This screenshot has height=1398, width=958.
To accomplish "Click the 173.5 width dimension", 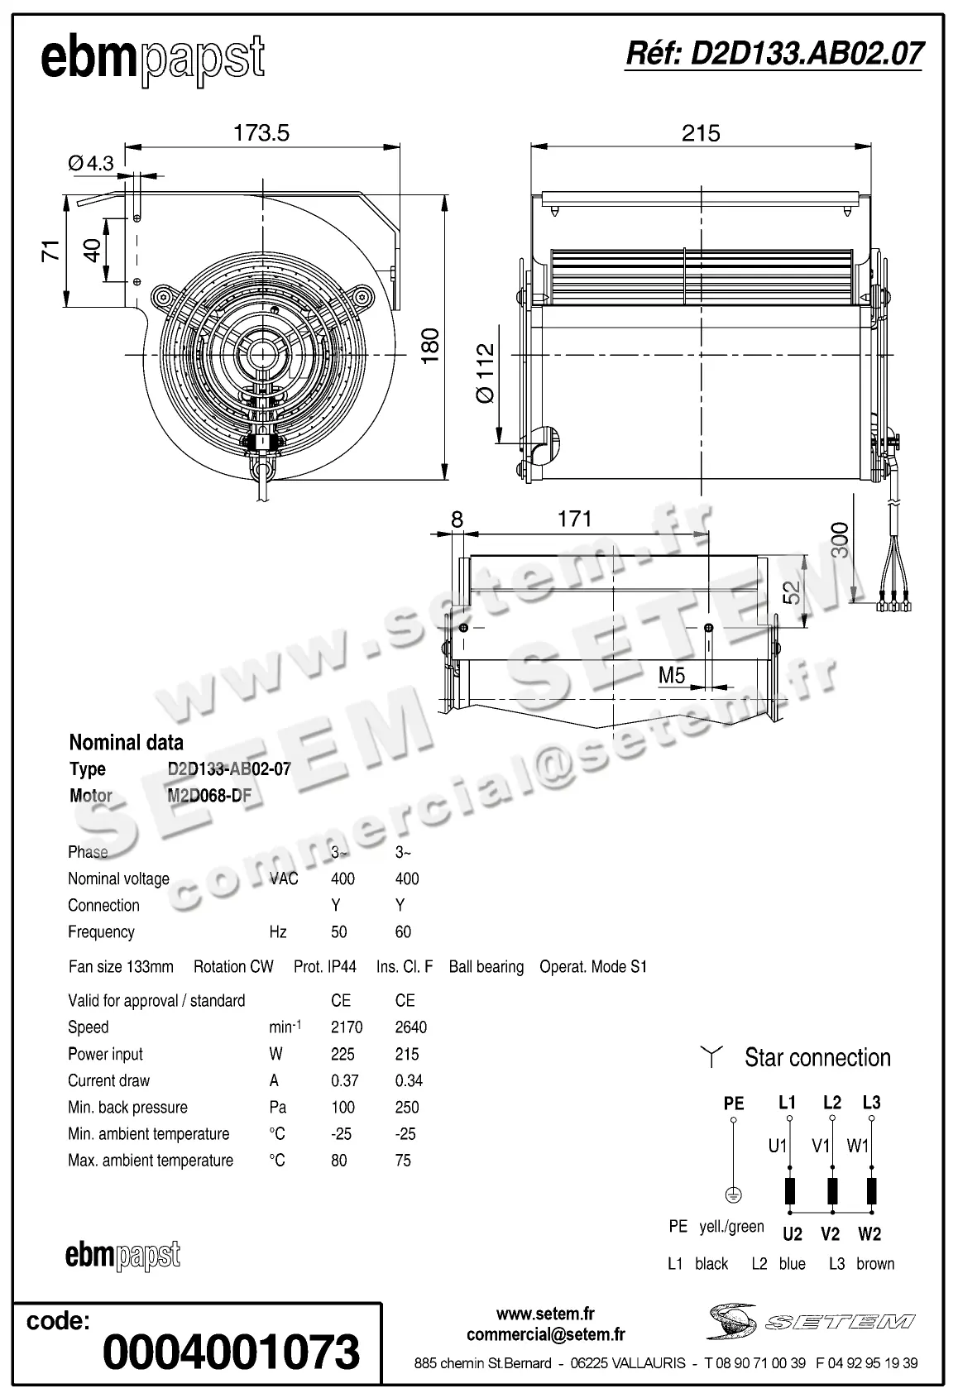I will tap(261, 133).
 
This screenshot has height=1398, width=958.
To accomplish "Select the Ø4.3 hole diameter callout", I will tap(91, 163).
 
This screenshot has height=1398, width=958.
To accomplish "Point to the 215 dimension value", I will tap(701, 133).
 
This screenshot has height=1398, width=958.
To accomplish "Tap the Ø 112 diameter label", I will tap(486, 374).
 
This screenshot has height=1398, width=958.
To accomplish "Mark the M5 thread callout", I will tap(672, 676).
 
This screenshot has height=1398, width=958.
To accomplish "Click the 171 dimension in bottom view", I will tap(574, 519).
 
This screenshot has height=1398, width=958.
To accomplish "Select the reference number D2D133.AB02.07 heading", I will tap(774, 54).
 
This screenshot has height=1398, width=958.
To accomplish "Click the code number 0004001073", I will tap(232, 1353).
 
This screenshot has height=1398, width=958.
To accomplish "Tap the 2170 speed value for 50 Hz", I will tap(347, 1027).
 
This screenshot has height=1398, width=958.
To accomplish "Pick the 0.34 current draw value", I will tap(410, 1080).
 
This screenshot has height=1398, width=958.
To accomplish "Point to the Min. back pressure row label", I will tap(127, 1107).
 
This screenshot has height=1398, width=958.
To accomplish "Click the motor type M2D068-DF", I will tap(209, 796).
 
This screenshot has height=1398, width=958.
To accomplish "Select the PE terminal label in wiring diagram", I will tap(734, 1103).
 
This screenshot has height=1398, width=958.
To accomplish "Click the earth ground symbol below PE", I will tap(733, 1195).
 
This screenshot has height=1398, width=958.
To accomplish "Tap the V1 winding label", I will tap(821, 1146).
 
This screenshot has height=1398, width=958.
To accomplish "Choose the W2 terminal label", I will tap(869, 1234).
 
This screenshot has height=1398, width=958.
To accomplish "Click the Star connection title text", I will tap(817, 1057).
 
